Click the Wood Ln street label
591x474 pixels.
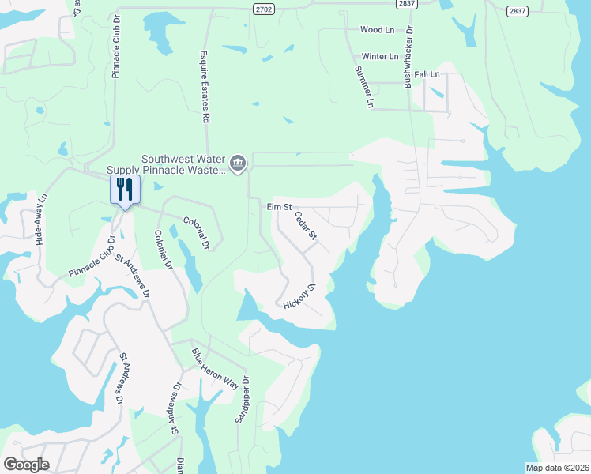pos(377,30)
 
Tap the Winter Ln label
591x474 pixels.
pos(380,57)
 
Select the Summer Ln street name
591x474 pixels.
pos(363,86)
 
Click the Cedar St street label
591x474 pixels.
pos(305,225)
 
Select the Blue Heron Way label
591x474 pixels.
pos(215,368)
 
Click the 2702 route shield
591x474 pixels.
pos(264,8)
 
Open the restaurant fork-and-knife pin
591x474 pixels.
pos(125,190)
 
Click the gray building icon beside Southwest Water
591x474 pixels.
pos(238,164)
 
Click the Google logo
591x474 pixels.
pos(26,465)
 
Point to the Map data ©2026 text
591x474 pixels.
pos(556,468)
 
